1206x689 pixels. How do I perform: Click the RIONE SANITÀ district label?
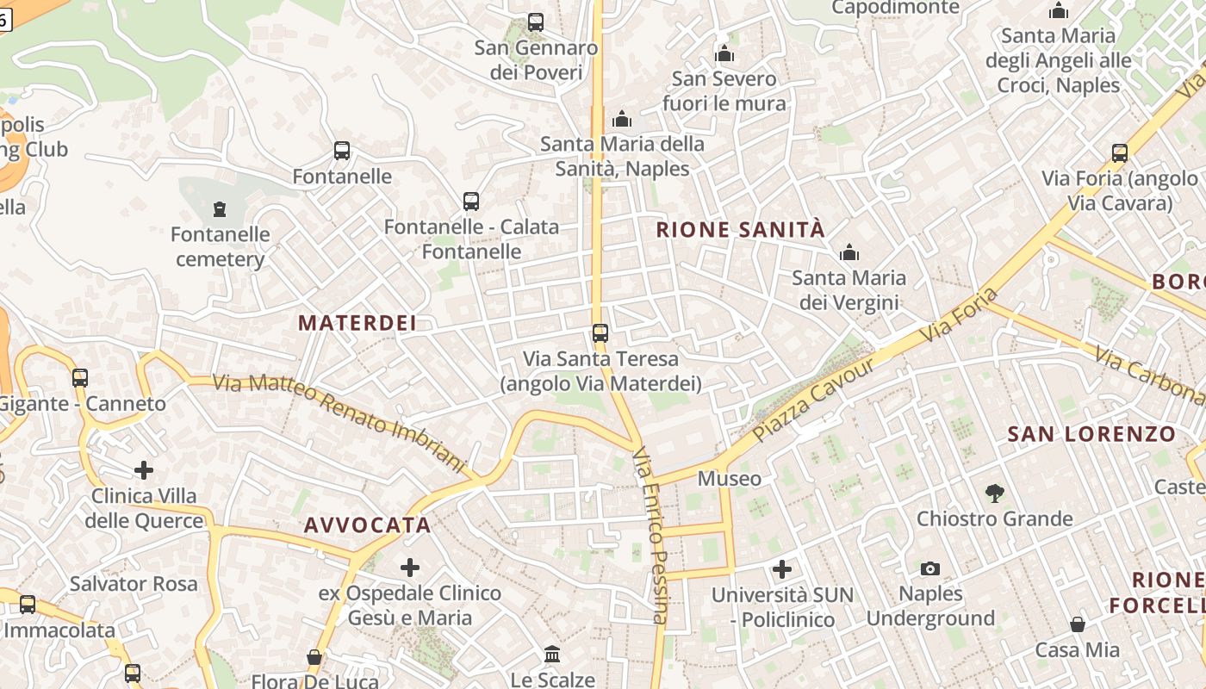[741, 230]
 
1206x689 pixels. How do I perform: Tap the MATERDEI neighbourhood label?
[357, 324]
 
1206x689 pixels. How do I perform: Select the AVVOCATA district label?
[367, 525]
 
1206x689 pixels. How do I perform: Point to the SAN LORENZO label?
[1091, 434]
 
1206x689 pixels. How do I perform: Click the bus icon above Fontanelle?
[342, 152]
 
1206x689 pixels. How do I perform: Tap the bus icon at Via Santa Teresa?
[600, 333]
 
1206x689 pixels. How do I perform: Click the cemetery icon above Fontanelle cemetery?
[220, 209]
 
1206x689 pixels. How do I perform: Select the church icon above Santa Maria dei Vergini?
[849, 253]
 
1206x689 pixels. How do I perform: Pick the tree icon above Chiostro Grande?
[995, 493]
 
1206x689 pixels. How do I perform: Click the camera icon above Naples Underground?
[930, 568]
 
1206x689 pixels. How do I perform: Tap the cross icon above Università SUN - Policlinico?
[782, 569]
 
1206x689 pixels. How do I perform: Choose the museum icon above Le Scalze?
[553, 655]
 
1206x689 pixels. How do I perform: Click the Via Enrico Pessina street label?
[650, 534]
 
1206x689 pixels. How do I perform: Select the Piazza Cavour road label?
[813, 400]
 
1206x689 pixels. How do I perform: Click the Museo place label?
[730, 479]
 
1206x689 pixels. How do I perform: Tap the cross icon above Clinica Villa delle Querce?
[144, 470]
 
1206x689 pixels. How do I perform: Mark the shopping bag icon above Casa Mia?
[1078, 624]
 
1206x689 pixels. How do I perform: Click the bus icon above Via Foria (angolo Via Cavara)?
[1120, 153]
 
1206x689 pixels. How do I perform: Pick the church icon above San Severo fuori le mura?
[724, 54]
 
